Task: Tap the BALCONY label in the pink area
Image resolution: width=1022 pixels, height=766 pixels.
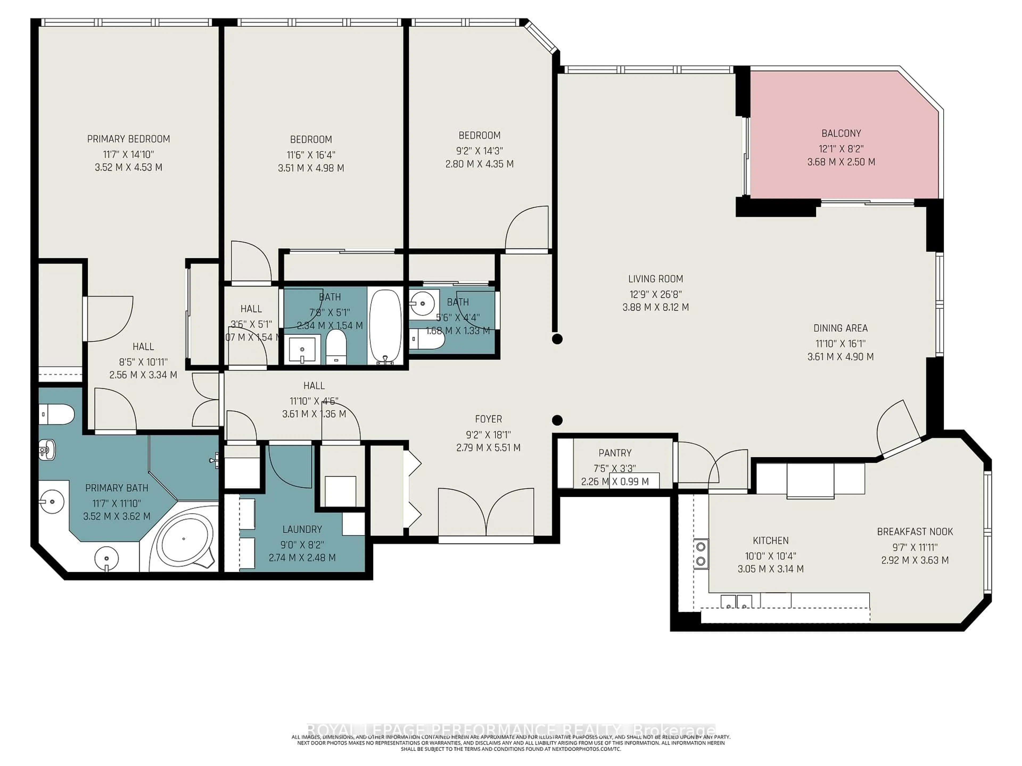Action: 841,134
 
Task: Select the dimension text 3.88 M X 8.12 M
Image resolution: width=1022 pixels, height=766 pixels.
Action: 655,307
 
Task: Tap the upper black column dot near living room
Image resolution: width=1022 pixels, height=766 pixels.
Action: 557,339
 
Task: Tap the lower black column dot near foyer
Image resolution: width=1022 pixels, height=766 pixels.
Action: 557,420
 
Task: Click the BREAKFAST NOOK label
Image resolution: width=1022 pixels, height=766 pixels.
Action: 914,531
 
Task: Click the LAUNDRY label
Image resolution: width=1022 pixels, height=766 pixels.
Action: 302,529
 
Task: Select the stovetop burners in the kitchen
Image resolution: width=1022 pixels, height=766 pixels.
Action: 701,553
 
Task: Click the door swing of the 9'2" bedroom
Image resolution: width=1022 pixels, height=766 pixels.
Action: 527,228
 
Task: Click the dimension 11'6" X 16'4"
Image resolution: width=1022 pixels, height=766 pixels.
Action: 311,155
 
